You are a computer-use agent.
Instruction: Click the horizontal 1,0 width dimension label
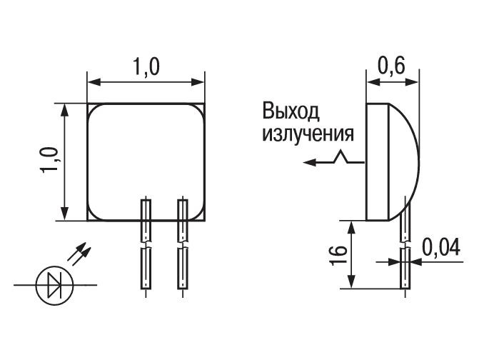point(146,67)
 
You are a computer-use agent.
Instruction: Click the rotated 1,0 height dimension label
point(49,160)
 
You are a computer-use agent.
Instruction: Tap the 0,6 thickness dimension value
point(392,66)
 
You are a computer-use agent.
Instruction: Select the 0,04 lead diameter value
point(441,247)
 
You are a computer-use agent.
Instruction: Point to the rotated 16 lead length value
point(338,254)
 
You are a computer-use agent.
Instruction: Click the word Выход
point(291,112)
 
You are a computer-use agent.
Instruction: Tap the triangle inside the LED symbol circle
point(54,285)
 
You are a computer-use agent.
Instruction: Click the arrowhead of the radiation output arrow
point(309,162)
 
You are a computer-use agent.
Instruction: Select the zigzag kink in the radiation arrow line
point(342,156)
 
